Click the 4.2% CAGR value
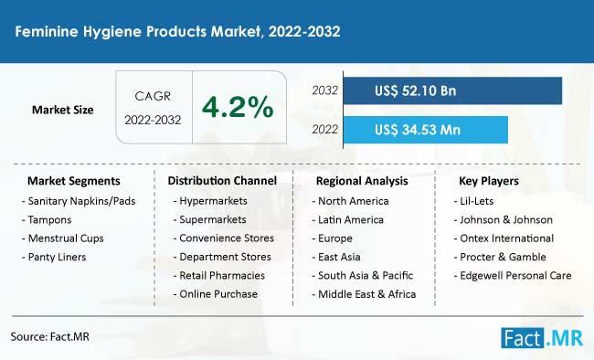coord(238,107)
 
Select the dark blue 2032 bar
coord(452,90)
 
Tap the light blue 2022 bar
coord(426,130)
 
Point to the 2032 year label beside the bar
coord(324,90)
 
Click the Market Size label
coord(62,110)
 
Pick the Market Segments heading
coord(73,181)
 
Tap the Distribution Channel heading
coord(222,181)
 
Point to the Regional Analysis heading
coord(362,181)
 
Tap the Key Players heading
coord(489,181)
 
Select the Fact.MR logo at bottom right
coord(542,337)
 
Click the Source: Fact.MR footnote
coord(50,336)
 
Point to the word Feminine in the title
coord(47,31)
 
